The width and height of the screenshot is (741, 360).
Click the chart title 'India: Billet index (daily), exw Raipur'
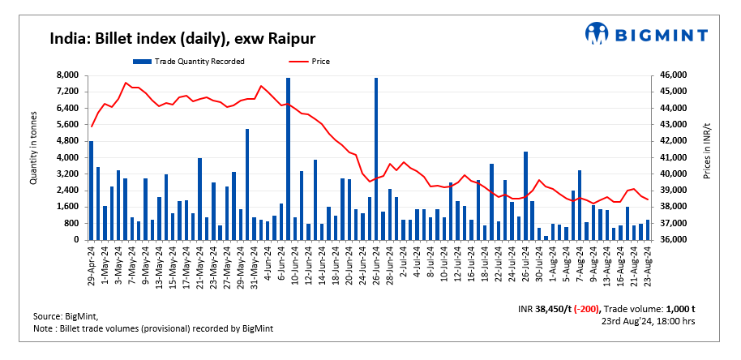(x=182, y=38)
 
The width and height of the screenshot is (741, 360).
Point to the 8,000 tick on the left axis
(x=67, y=75)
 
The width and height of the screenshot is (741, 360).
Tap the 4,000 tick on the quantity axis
(x=67, y=157)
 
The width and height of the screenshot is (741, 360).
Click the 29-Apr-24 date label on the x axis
(x=91, y=264)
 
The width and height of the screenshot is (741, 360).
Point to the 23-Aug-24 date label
(x=648, y=264)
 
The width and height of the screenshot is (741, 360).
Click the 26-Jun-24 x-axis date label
(x=376, y=264)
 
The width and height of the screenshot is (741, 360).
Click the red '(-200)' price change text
(x=594, y=309)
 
